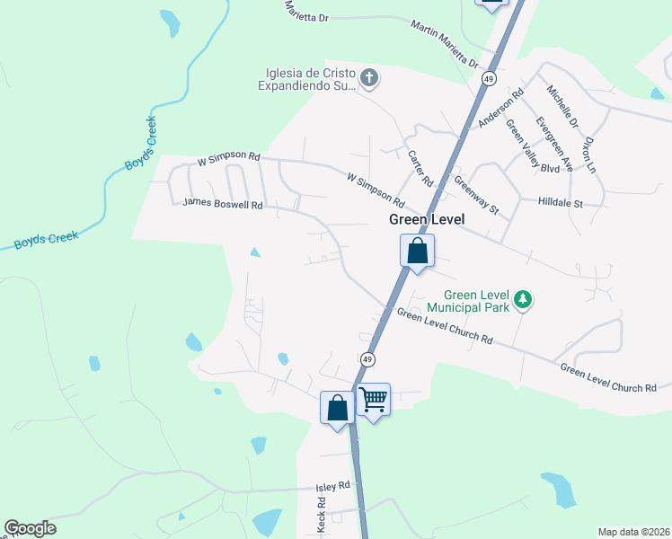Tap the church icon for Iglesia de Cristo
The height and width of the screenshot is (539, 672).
pos(368,79)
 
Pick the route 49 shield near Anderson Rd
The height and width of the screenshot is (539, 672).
pos(489,79)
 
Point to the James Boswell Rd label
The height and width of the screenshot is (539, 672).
pos(222,204)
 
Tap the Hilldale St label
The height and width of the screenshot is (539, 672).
pos(561,204)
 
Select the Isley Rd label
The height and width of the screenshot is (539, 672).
pos(332,486)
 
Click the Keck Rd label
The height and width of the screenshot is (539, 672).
pos(321,517)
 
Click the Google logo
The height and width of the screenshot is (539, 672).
pos(30,528)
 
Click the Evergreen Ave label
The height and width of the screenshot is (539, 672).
pos(548,136)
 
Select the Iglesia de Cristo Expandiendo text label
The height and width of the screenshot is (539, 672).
pos(307,79)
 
